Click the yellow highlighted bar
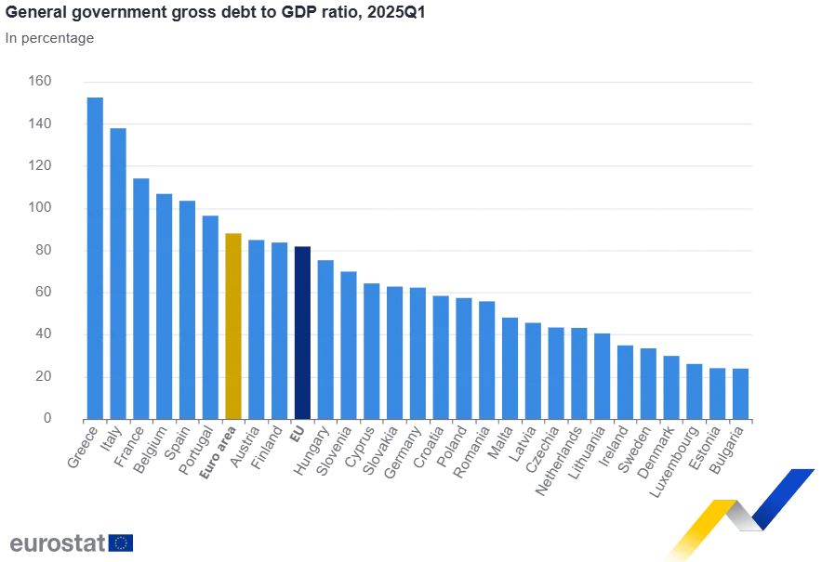[233, 325]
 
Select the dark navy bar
[301, 333]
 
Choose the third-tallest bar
[141, 298]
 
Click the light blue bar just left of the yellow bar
[210, 317]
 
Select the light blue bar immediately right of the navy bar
[324, 340]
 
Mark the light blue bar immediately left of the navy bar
[279, 329]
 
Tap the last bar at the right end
[740, 392]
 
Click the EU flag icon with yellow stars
[120, 542]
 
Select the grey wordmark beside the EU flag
[53, 542]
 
